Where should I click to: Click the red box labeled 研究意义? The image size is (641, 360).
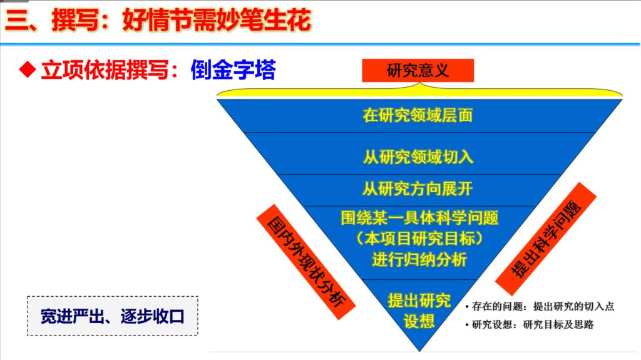tap(418, 70)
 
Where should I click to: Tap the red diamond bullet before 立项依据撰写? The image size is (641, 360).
tap(28, 70)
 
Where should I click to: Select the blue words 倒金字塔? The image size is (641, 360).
tap(233, 70)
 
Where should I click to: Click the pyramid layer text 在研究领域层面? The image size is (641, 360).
tap(418, 115)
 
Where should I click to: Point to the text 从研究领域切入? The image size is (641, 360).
tap(418, 157)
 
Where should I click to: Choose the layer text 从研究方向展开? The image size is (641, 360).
tap(418, 189)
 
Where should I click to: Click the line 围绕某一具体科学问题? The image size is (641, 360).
tap(419, 218)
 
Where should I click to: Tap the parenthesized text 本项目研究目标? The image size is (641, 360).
tap(419, 239)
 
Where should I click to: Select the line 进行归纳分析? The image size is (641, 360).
tap(419, 260)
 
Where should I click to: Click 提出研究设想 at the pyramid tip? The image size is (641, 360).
tap(419, 311)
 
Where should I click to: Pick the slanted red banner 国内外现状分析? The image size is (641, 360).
tap(305, 262)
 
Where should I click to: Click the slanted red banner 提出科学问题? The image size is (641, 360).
tap(546, 239)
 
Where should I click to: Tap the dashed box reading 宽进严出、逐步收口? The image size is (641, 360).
tap(113, 316)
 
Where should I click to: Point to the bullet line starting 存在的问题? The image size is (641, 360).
tap(540, 306)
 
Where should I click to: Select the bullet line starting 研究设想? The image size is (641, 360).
tap(530, 325)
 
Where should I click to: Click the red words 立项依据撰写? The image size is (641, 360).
tap(105, 70)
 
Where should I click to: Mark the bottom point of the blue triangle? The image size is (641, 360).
tap(419, 351)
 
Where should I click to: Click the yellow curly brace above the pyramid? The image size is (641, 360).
tap(419, 93)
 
